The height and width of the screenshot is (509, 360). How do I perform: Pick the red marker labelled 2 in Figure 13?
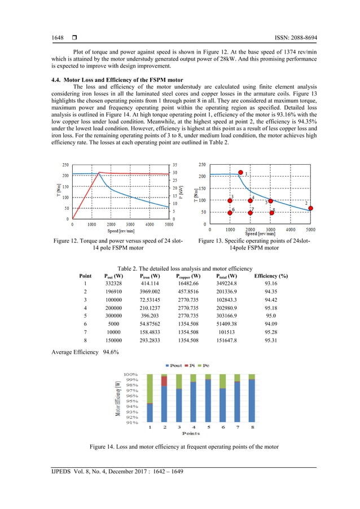(310, 208)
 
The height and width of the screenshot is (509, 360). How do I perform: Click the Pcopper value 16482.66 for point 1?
(190, 283)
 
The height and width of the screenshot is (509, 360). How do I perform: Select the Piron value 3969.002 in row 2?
(151, 292)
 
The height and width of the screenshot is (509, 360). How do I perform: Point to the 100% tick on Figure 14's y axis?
(130, 374)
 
